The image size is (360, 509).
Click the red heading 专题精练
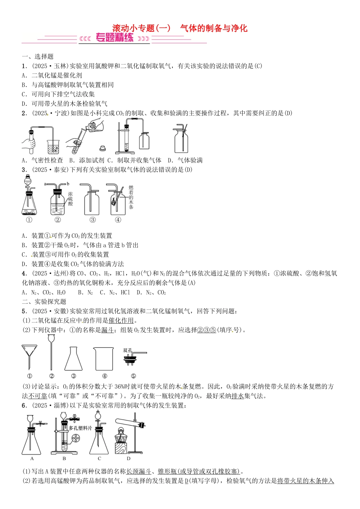[x=114, y=38]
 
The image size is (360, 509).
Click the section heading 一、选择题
[x=38, y=56]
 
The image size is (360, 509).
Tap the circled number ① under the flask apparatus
[x=29, y=220]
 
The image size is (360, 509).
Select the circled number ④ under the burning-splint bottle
[x=118, y=220]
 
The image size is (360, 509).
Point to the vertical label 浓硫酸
[x=70, y=199]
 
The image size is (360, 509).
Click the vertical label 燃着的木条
[x=131, y=197]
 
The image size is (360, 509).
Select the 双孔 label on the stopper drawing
[x=128, y=350]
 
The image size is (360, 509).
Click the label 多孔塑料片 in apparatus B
[x=80, y=428]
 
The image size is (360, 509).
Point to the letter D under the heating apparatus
[x=129, y=459]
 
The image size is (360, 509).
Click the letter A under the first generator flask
[x=32, y=459]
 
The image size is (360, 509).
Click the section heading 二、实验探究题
[x=44, y=301]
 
